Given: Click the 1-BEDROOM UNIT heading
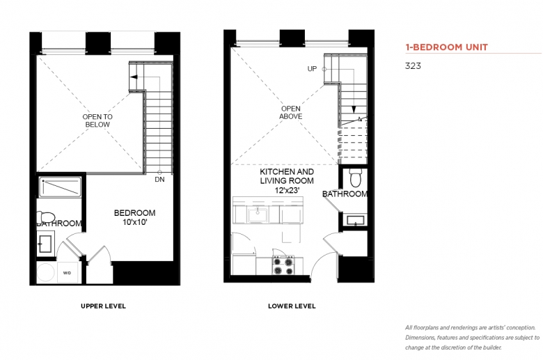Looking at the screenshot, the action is (447, 47).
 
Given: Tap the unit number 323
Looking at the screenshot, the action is (413, 66).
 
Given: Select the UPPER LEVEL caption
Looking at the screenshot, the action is (103, 306).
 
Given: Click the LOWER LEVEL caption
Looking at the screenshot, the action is (292, 306).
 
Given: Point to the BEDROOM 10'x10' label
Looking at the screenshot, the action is (135, 217).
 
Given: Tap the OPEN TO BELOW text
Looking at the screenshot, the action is (97, 120).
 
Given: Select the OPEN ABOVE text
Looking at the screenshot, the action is (290, 113).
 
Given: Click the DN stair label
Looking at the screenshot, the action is (159, 180).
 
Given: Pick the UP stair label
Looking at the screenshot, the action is (312, 69).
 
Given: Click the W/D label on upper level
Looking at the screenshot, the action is (68, 273).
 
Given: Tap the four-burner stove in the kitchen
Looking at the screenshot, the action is (283, 265).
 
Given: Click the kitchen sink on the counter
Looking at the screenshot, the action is (258, 215).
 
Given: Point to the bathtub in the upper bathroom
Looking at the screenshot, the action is (61, 187).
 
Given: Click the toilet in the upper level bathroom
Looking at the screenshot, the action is (45, 217).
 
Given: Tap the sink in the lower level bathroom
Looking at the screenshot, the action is (356, 220).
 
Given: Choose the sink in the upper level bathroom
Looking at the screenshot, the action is (45, 244).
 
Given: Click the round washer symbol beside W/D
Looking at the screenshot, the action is (46, 272).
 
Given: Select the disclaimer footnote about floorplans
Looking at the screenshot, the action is (473, 338).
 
